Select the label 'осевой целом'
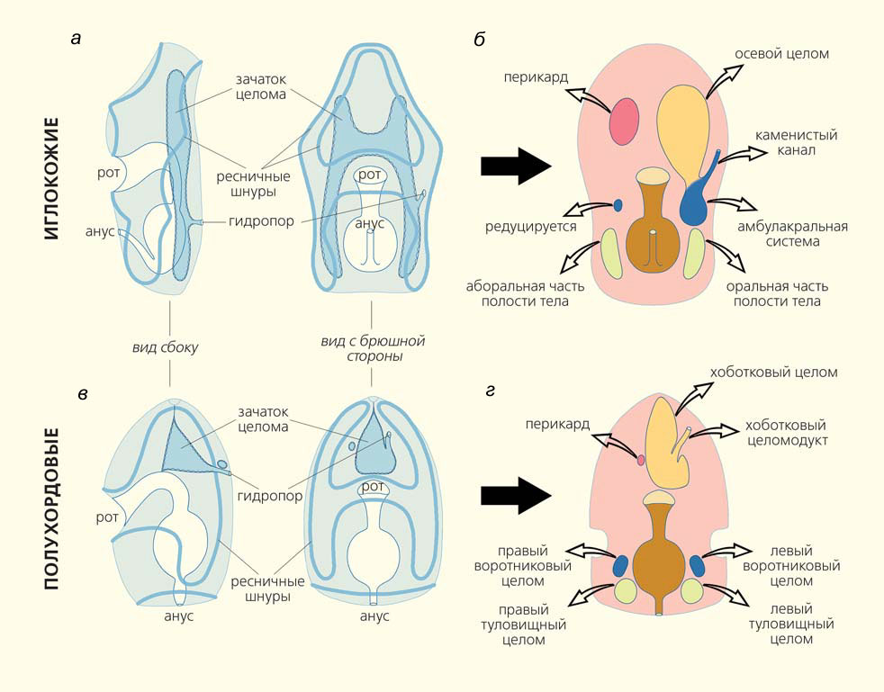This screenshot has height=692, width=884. pyautogui.click(x=781, y=54)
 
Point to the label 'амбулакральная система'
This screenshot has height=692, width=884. pyautogui.click(x=791, y=234)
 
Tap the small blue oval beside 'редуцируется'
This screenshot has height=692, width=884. pyautogui.click(x=618, y=206)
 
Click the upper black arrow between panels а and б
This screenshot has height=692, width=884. pyautogui.click(x=515, y=166)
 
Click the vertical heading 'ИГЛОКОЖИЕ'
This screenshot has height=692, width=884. pyautogui.click(x=51, y=177)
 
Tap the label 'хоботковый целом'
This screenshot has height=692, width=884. pyautogui.click(x=773, y=372)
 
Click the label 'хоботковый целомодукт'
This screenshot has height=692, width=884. pyautogui.click(x=786, y=432)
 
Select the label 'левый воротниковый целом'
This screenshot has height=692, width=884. pyautogui.click(x=791, y=566)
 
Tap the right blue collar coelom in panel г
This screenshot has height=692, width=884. pyautogui.click(x=698, y=565)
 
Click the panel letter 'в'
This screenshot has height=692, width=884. pyautogui.click(x=82, y=393)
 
